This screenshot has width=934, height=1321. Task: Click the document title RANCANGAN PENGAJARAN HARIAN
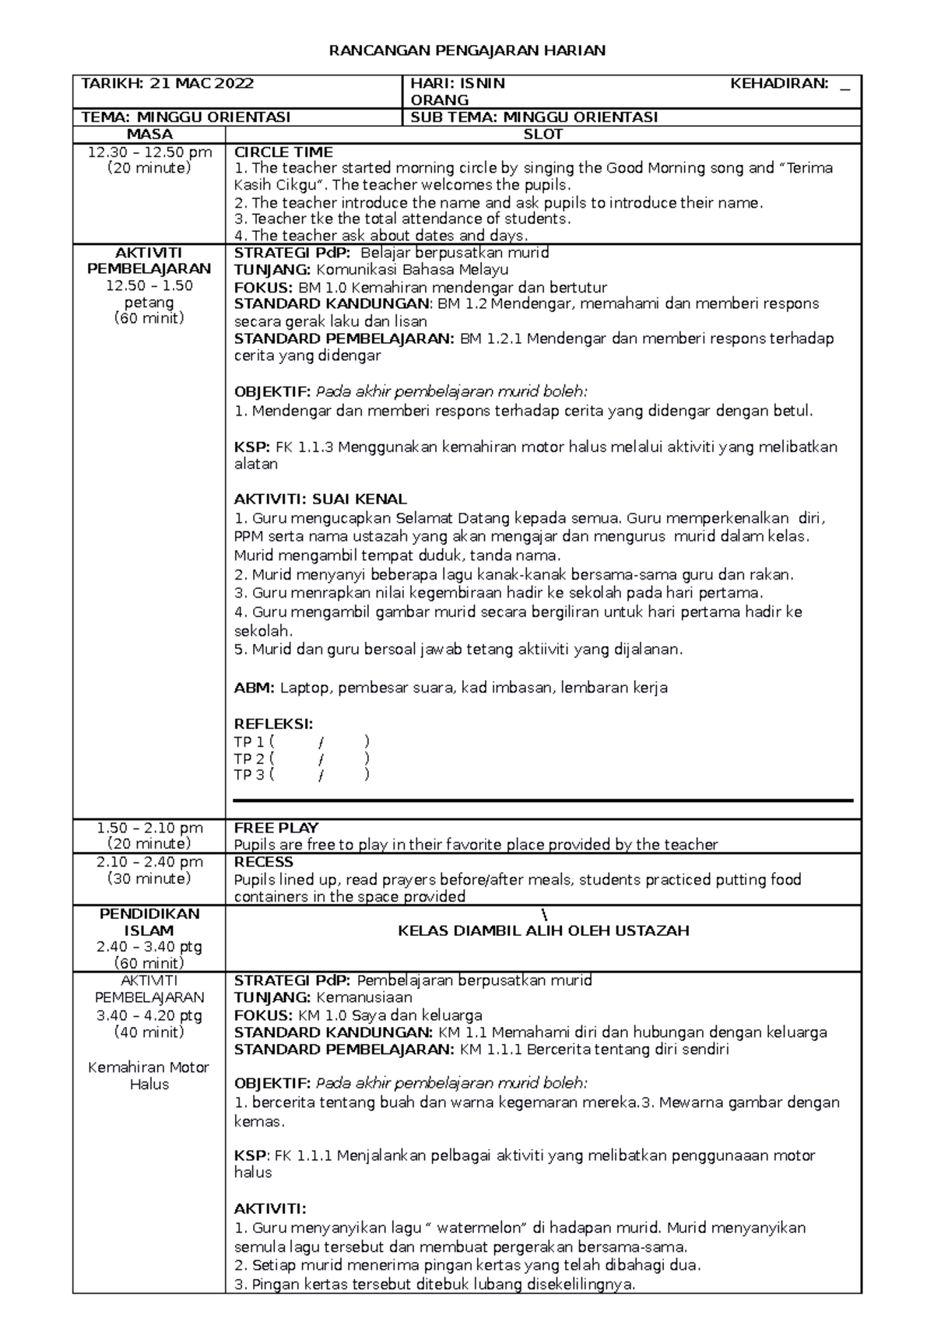[467, 51]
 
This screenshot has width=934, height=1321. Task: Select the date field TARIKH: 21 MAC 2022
[167, 83]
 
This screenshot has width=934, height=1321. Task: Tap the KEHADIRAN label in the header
[778, 83]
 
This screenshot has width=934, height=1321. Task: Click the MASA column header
[149, 135]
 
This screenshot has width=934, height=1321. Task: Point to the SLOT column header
[542, 135]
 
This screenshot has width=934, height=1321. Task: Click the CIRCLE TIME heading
[283, 152]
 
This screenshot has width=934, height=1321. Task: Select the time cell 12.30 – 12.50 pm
[149, 152]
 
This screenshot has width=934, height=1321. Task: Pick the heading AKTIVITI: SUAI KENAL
[320, 499]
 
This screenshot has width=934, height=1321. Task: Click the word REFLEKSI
[272, 724]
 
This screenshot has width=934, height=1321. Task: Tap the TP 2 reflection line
[301, 758]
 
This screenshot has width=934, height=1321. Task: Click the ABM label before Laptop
[254, 688]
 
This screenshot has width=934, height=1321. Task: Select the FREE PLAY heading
[276, 828]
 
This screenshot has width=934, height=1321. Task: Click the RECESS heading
[263, 862]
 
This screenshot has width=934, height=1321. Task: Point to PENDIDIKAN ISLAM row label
[149, 922]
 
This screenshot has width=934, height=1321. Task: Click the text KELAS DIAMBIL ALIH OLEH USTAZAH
[542, 930]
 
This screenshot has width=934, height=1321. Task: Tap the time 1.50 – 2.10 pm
[149, 828]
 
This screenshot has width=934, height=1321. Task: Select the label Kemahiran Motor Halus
[149, 1075]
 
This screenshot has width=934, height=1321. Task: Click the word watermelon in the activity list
[477, 1228]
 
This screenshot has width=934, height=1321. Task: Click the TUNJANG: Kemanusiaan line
[323, 997]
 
